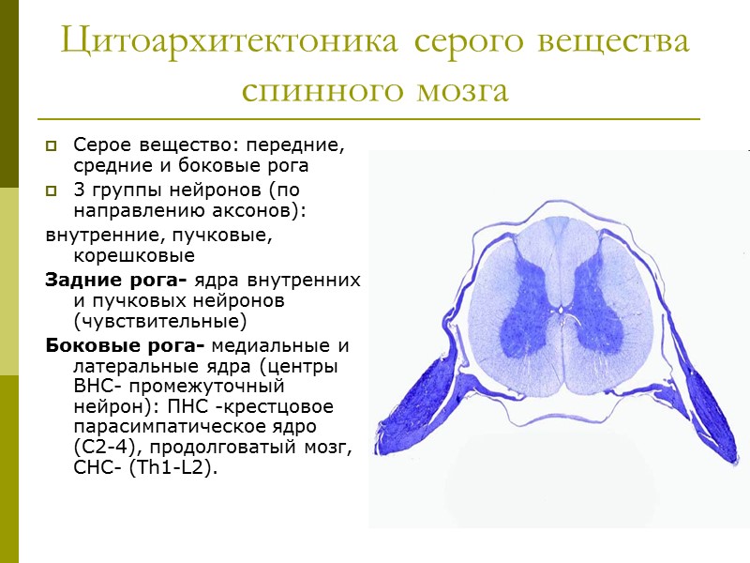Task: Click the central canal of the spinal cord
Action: pos(560,307)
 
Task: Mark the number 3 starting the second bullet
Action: pos(78,191)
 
